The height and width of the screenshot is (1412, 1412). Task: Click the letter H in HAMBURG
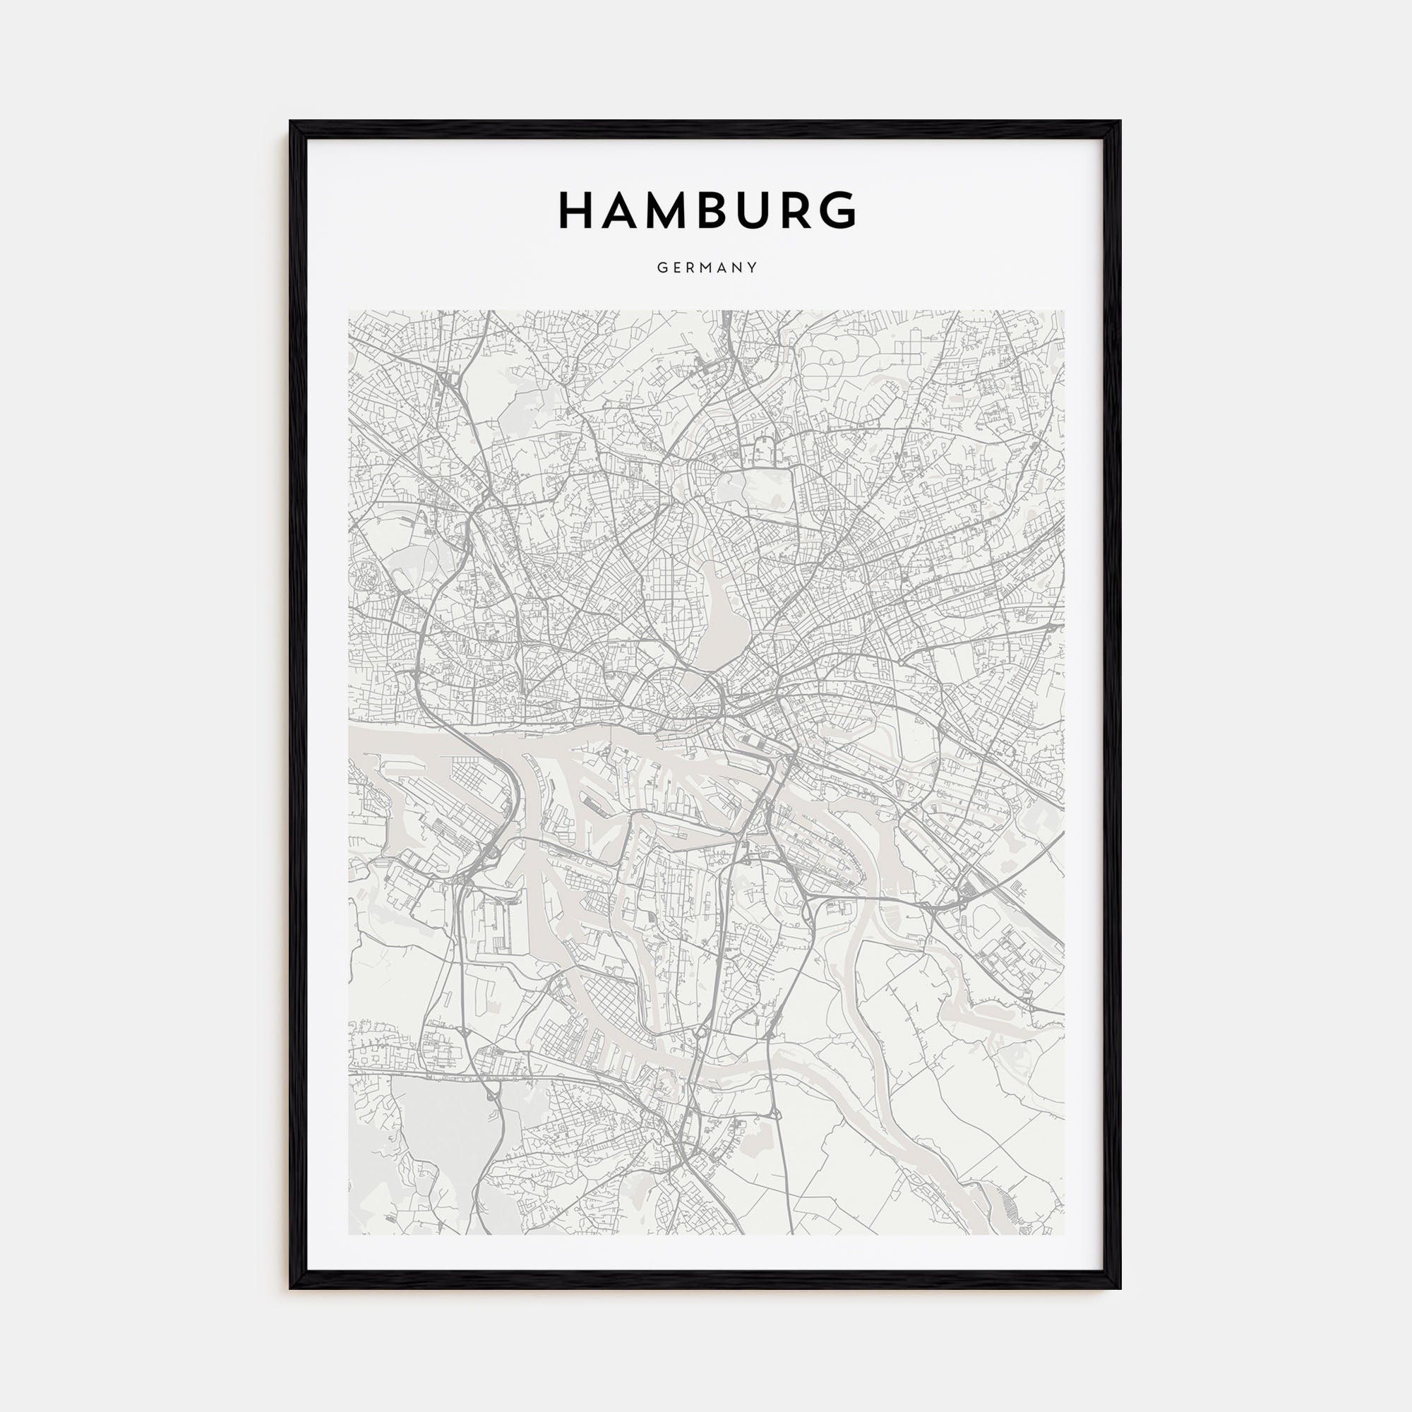(x=575, y=210)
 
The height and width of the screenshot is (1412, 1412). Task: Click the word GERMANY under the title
(x=707, y=268)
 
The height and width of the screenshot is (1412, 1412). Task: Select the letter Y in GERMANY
(x=753, y=268)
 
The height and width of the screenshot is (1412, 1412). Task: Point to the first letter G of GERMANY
(x=661, y=268)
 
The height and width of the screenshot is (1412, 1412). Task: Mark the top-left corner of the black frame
(x=291, y=122)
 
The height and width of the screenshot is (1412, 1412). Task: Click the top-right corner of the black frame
(x=1120, y=122)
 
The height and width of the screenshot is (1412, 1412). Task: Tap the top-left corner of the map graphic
(x=349, y=311)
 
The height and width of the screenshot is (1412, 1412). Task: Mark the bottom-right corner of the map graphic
(x=1064, y=1234)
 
